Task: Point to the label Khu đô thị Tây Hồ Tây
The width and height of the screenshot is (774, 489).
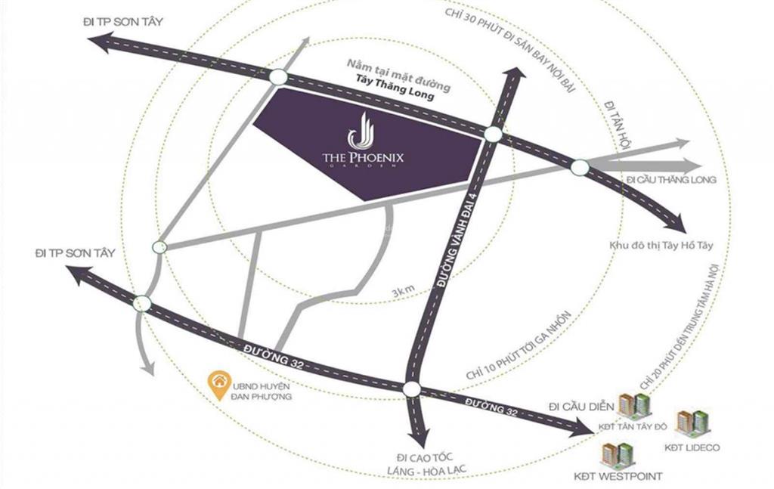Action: tap(660, 246)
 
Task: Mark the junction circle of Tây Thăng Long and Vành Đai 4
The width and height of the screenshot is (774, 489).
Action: tap(493, 134)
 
